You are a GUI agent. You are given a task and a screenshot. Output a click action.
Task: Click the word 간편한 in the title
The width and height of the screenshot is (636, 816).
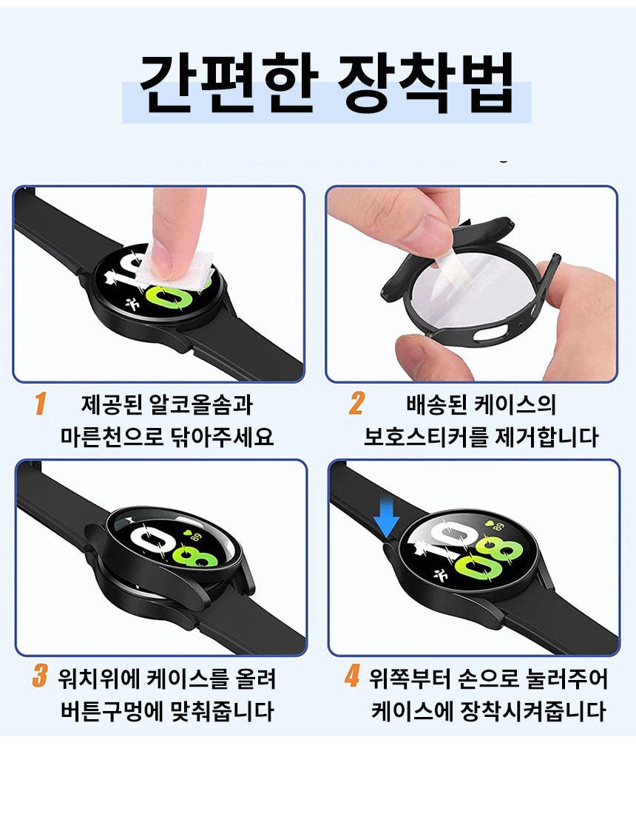coord(229,83)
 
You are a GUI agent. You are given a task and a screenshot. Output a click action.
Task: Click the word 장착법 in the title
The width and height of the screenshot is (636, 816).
coord(425,83)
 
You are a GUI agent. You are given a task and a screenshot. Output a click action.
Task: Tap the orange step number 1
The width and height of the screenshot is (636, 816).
coord(40,404)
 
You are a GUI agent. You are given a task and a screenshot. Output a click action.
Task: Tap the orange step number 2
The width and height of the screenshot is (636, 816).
coord(356,404)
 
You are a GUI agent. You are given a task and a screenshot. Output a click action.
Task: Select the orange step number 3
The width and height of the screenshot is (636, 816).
coord(40,676)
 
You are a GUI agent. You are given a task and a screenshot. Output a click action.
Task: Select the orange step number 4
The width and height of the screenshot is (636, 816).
coord(352,676)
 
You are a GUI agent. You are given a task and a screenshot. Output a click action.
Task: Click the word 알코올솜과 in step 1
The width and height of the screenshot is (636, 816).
coord(200,405)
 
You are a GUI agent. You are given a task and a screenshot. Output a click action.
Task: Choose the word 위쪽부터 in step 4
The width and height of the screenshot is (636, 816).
coord(411,679)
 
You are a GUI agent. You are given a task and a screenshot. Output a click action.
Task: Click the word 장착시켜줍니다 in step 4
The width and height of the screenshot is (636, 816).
coord(533,711)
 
